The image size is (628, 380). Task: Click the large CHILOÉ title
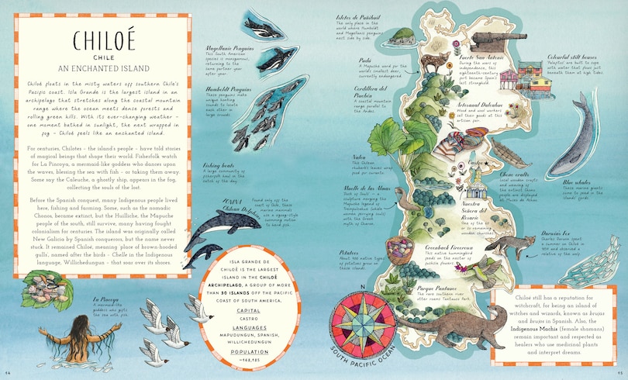[105, 43]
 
